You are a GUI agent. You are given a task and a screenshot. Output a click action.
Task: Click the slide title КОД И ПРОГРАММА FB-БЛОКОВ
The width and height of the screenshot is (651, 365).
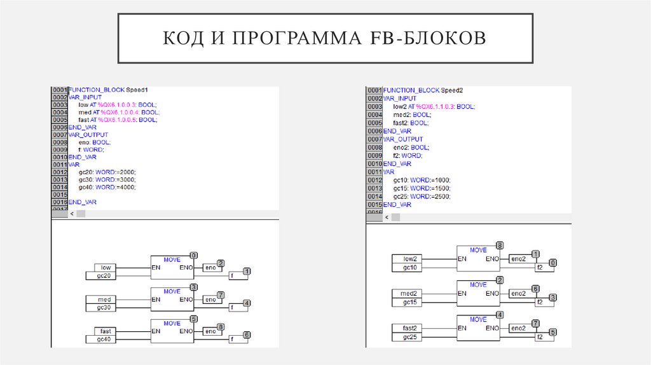pyautogui.click(x=325, y=38)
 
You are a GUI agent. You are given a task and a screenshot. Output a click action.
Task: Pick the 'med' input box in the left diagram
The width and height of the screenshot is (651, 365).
pyautogui.click(x=104, y=300)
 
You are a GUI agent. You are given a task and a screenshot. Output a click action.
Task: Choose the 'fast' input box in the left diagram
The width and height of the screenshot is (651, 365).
pyautogui.click(x=104, y=331)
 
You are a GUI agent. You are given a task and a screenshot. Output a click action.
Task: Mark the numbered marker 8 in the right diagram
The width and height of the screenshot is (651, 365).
pyautogui.click(x=500, y=245)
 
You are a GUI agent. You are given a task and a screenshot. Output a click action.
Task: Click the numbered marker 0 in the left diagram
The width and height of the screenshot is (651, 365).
pyautogui.click(x=193, y=254)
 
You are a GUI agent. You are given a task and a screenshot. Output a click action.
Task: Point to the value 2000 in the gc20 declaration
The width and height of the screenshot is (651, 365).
pyautogui.click(x=126, y=172)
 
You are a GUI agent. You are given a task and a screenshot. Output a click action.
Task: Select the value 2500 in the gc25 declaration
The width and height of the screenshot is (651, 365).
pyautogui.click(x=441, y=197)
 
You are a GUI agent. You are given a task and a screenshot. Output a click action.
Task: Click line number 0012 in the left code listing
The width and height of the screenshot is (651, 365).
pyautogui.click(x=59, y=172)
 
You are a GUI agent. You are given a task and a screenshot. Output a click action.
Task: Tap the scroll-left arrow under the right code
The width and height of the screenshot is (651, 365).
pyautogui.click(x=387, y=217)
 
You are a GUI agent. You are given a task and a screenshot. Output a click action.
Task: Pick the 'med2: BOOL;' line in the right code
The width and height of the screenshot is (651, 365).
pyautogui.click(x=412, y=115)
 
